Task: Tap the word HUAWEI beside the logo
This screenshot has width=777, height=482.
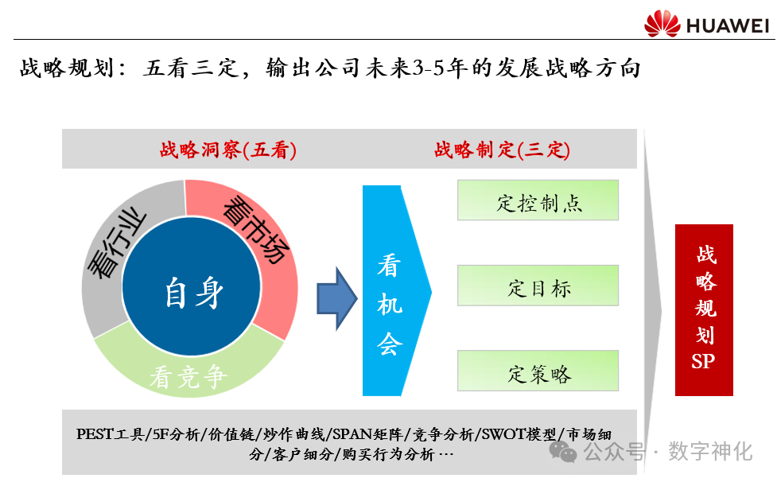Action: coord(728,25)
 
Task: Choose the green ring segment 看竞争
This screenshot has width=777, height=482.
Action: coord(188,375)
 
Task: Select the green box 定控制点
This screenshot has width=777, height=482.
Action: coord(538,200)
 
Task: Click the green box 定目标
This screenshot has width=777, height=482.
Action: coord(538,286)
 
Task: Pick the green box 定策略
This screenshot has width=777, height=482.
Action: coord(538,371)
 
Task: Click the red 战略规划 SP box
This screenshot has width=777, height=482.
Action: coord(703,310)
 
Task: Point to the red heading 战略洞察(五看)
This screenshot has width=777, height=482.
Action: coord(228,150)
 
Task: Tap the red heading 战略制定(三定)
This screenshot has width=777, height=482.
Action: coord(502,150)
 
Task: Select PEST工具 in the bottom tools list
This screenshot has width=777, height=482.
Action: coord(111,434)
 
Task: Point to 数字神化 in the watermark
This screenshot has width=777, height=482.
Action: coord(710,452)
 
